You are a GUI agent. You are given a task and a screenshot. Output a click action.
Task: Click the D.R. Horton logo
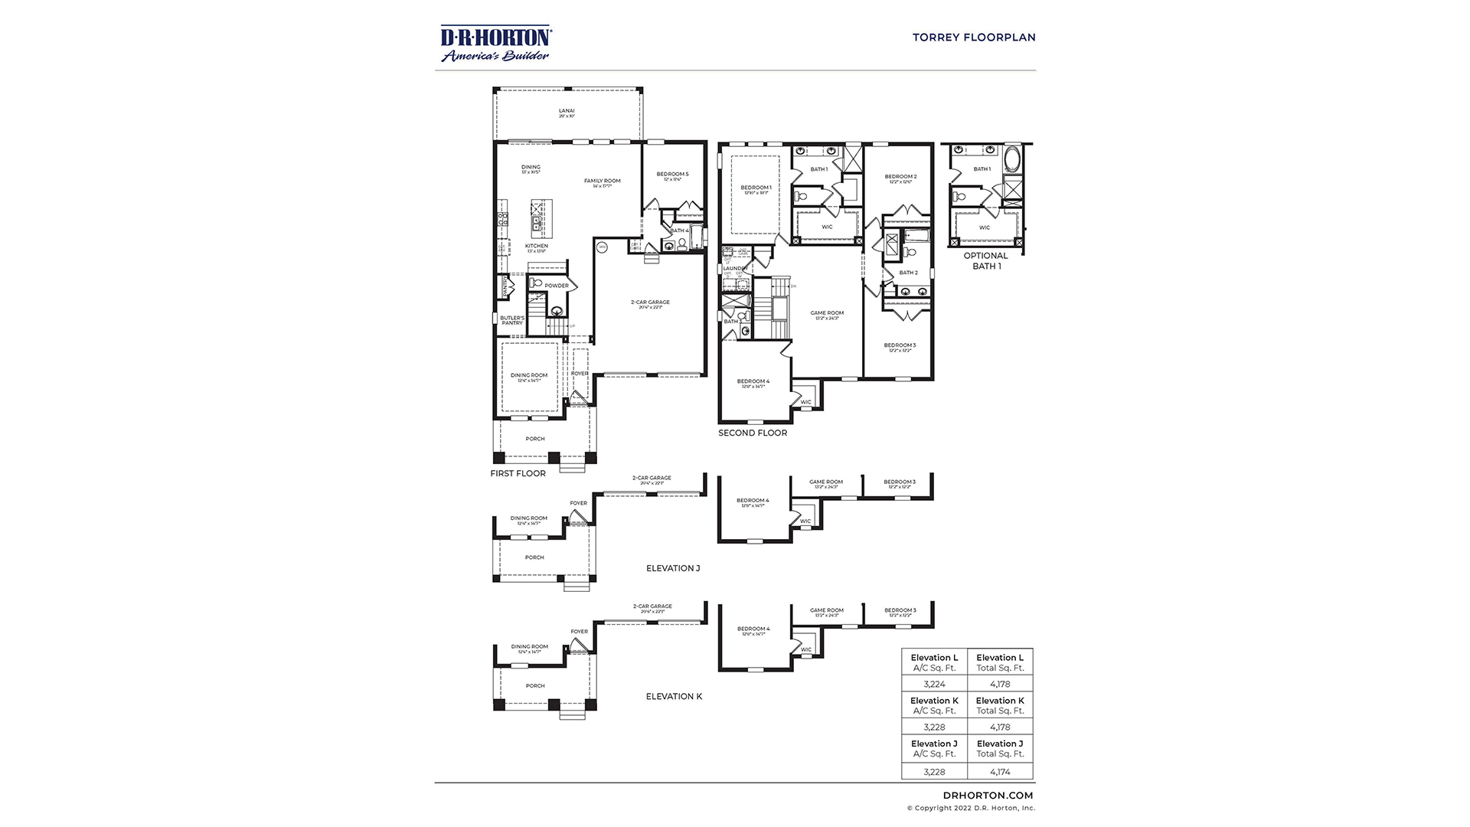coord(495,44)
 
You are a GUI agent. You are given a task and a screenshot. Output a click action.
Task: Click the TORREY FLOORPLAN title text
coord(973,37)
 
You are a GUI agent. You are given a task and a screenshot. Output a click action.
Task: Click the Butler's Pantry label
coord(512,320)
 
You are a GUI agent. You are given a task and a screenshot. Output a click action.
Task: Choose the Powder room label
coord(557,286)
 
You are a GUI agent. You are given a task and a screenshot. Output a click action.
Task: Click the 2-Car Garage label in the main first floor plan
coord(650,303)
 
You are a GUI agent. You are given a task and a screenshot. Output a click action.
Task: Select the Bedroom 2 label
coord(900,178)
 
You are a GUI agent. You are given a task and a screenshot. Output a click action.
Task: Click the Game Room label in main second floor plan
coord(827,314)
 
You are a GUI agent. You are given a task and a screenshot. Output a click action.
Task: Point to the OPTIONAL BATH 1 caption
coord(985,260)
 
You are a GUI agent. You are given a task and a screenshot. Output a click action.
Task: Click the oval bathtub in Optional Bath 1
coord(1012,161)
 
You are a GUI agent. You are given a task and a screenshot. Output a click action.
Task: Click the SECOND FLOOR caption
coord(753,433)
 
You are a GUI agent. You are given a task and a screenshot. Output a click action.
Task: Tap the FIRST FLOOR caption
coord(518,473)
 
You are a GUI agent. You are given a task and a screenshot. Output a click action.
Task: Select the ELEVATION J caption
coord(673,568)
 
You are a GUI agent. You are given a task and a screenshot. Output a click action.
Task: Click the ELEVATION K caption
coord(674,696)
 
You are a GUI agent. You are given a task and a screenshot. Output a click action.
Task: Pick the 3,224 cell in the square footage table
coord(934,685)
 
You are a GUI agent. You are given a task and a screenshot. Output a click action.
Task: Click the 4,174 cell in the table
coord(999,771)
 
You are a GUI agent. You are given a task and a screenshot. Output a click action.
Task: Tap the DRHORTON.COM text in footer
coord(988,796)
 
